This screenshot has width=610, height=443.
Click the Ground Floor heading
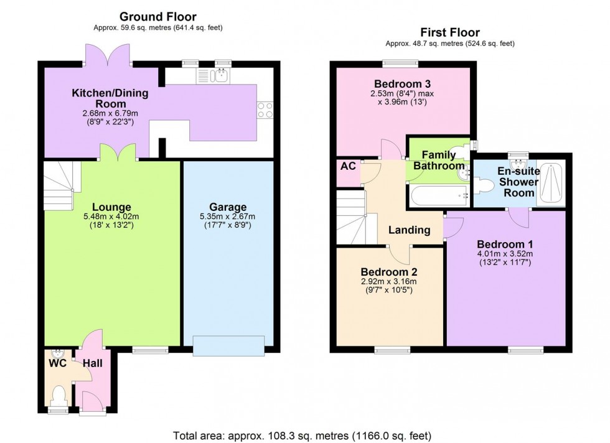pos(158,16)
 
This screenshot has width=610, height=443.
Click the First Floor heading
pos(449,32)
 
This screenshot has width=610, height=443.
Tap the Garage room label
pos(228,207)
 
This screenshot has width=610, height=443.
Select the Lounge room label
pos(112,207)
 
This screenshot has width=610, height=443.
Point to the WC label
pos(57,361)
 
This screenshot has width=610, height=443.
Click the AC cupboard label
pos(347,167)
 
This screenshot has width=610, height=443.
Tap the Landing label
pos(409,230)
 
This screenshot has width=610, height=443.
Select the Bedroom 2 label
pos(389,272)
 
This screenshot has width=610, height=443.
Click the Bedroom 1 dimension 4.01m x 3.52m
pos(505,254)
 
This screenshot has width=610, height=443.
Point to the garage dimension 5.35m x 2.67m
pos(228,217)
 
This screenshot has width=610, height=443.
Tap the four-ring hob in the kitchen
pos(265,110)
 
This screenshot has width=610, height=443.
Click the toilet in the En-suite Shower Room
pos(486,183)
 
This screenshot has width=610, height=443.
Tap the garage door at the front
pos(228,346)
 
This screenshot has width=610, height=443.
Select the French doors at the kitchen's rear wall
pos(108,55)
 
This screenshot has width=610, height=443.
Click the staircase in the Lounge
pos(59,177)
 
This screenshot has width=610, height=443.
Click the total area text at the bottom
pos(301,436)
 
